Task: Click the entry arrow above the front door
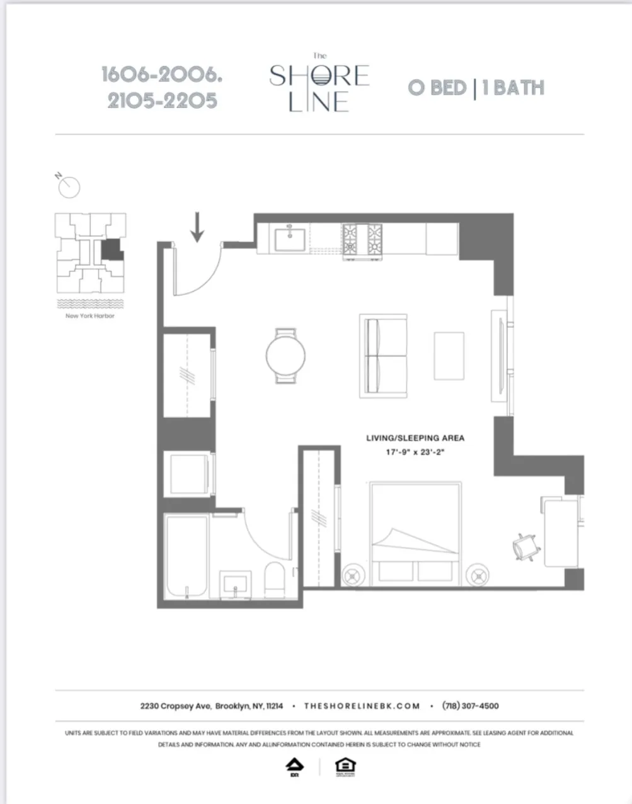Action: tap(197, 227)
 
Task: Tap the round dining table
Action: tap(285, 356)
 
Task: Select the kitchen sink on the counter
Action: tap(290, 239)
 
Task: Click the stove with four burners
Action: tap(362, 240)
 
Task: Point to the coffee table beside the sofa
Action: tap(449, 356)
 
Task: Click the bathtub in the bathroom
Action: tap(186, 557)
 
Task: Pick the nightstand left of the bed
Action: tap(353, 575)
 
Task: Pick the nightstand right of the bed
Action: tap(479, 575)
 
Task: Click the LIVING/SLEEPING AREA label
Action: tap(415, 438)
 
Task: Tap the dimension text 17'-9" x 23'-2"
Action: tap(415, 452)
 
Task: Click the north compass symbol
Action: tap(68, 186)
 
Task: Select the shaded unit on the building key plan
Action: tap(112, 250)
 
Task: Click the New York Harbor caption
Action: tap(90, 316)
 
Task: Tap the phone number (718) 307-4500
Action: tap(470, 706)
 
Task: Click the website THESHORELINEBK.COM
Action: tap(362, 706)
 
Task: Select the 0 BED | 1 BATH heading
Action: tap(476, 88)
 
